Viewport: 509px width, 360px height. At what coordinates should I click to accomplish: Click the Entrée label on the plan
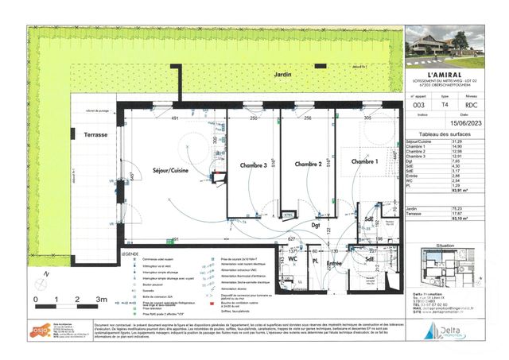pos(334,261)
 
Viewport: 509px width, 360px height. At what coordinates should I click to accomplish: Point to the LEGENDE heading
pos(130,253)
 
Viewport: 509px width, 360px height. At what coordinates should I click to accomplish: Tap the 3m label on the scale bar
pos(101,299)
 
